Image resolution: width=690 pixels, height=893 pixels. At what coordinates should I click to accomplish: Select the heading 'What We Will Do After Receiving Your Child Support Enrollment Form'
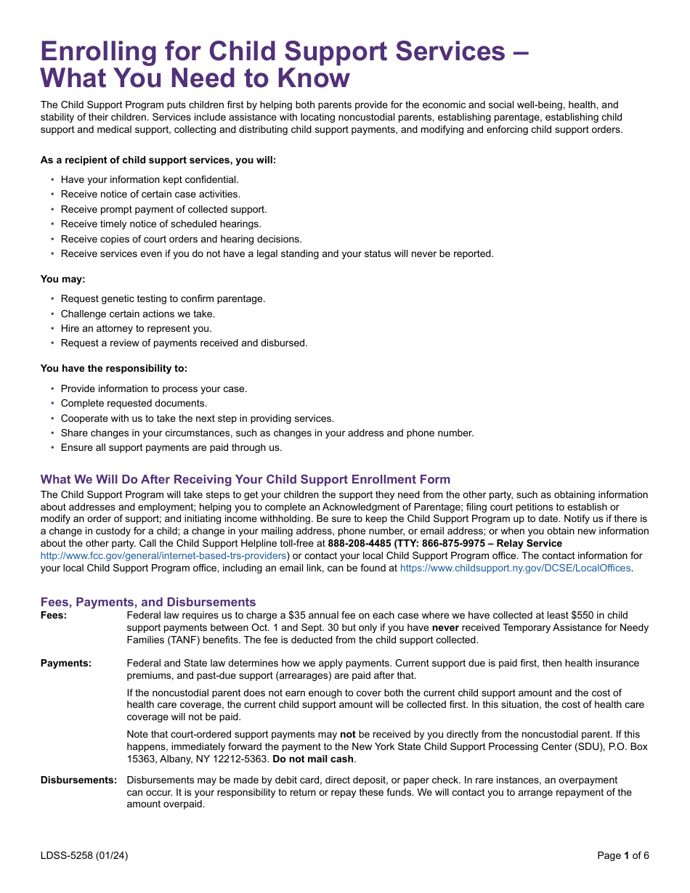pyautogui.click(x=245, y=479)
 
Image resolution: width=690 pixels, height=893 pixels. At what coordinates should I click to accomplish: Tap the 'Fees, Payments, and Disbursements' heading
pyautogui.click(x=148, y=602)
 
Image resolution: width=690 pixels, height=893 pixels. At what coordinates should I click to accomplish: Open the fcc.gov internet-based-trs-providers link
pyautogui.click(x=163, y=555)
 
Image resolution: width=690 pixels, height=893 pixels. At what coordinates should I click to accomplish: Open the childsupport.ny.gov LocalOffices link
pyautogui.click(x=515, y=568)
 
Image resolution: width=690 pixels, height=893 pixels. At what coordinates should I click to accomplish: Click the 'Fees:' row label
pyautogui.click(x=54, y=616)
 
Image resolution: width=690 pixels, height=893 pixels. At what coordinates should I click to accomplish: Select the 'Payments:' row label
pyautogui.click(x=66, y=663)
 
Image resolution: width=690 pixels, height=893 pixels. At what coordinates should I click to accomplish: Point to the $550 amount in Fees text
pyautogui.click(x=579, y=615)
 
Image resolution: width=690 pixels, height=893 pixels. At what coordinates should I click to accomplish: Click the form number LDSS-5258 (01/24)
pyautogui.click(x=84, y=855)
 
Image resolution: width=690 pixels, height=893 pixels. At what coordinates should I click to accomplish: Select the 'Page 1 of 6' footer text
pyautogui.click(x=622, y=855)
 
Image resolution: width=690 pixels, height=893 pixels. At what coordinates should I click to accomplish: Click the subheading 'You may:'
pyautogui.click(x=62, y=279)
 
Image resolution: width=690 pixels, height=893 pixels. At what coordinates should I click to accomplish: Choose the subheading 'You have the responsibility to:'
pyautogui.click(x=113, y=368)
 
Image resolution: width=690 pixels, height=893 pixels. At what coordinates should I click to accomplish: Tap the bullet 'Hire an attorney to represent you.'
pyautogui.click(x=137, y=328)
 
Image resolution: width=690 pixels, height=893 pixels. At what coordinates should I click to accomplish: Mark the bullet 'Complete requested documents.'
pyautogui.click(x=134, y=403)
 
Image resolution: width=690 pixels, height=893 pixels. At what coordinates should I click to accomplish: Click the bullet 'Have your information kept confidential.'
pyautogui.click(x=150, y=179)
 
